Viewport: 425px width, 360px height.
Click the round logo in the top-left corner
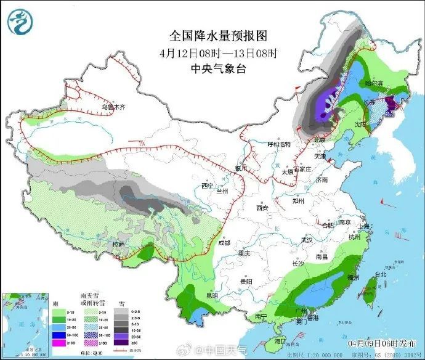click(x=21, y=21)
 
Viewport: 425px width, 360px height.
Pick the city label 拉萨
click(x=118, y=245)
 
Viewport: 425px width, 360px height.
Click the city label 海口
click(x=281, y=341)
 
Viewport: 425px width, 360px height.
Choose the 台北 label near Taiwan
click(x=379, y=274)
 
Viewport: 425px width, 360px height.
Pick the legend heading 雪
click(x=124, y=303)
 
